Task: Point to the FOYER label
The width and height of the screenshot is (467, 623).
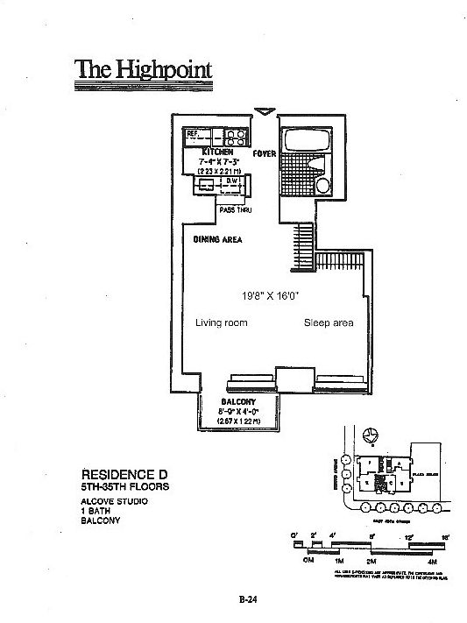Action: coord(265,153)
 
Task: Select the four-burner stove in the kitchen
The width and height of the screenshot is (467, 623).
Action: coord(234,136)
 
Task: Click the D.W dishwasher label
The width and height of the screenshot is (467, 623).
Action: coord(232,181)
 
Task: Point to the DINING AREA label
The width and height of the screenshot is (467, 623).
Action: coord(217,238)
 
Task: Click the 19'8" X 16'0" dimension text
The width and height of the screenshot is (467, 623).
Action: coord(270,295)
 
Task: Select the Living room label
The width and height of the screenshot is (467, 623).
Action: coord(221,323)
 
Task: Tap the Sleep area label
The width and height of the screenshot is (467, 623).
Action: coord(329,323)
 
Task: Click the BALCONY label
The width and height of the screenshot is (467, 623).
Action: coord(237,402)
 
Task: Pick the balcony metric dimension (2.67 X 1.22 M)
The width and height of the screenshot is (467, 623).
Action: coord(237,421)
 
